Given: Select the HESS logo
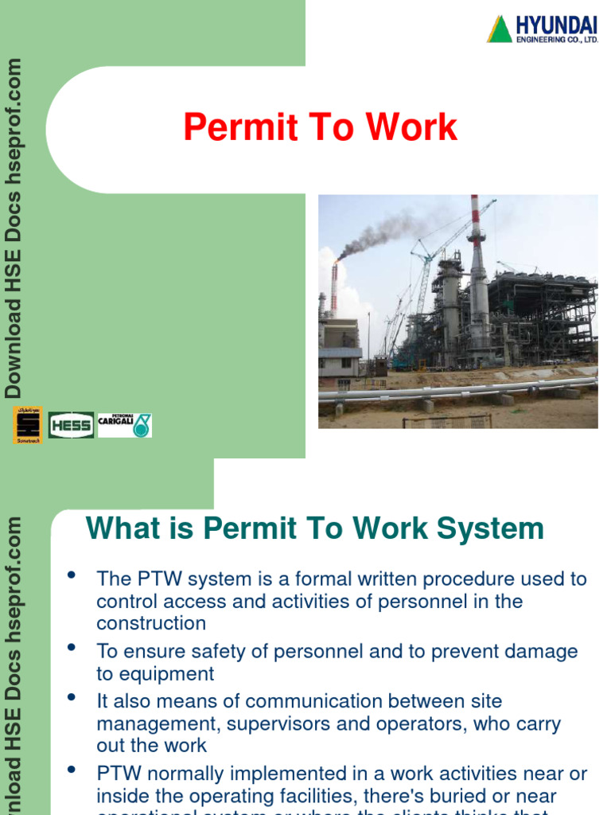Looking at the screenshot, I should [x=71, y=425].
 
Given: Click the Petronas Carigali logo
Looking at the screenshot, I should [x=125, y=425].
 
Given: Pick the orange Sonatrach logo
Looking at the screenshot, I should [x=28, y=425].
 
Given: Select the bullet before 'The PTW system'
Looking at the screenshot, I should [x=72, y=575].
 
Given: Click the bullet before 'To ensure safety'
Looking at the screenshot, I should [x=72, y=648].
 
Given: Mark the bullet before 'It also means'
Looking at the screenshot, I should [x=72, y=698].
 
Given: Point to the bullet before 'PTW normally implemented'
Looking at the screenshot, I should [x=72, y=770].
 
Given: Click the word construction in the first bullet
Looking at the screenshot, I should [x=151, y=623].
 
